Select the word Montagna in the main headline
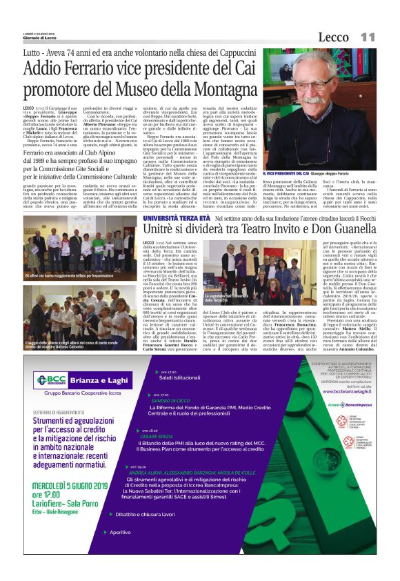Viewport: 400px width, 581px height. [x=219, y=91]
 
